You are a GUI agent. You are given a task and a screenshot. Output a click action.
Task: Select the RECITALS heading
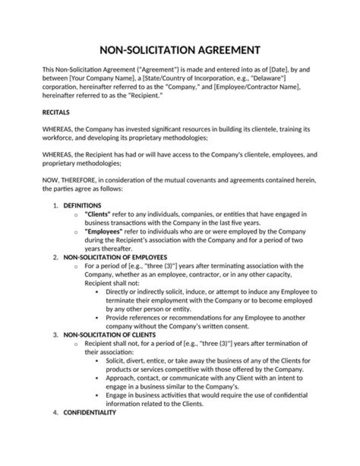point(56,112)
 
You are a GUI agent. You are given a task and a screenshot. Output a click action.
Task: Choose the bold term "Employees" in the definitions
point(104,232)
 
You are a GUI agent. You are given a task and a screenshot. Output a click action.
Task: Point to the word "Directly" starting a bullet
point(117,292)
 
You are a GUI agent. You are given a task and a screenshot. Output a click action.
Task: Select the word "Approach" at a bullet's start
point(120,378)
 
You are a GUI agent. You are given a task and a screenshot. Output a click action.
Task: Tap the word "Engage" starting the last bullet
point(116,395)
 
